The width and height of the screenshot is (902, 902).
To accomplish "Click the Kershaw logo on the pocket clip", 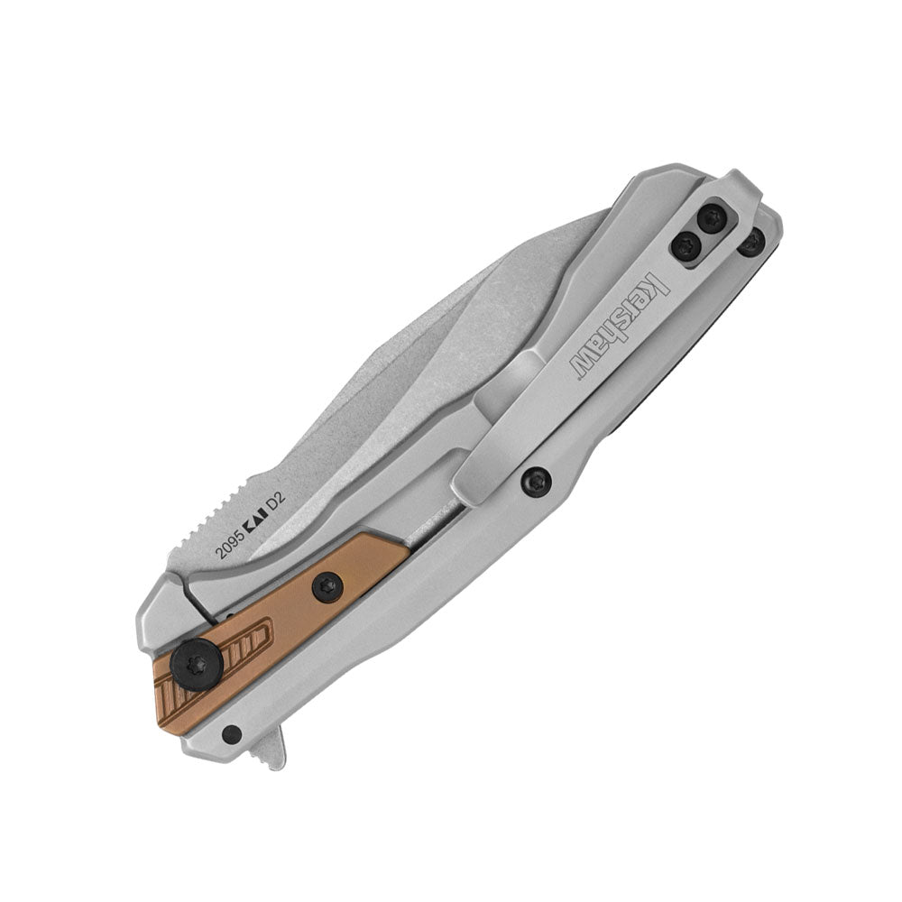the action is coord(621,327).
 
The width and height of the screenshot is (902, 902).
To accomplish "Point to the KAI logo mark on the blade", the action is coord(253,520).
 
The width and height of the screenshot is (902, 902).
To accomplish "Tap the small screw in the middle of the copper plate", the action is coord(328,587).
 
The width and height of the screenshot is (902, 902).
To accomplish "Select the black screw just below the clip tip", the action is coord(536,482).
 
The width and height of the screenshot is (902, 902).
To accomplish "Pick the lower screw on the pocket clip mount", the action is coord(686,246).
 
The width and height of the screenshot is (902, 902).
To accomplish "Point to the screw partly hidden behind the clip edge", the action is coord(753,242).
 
